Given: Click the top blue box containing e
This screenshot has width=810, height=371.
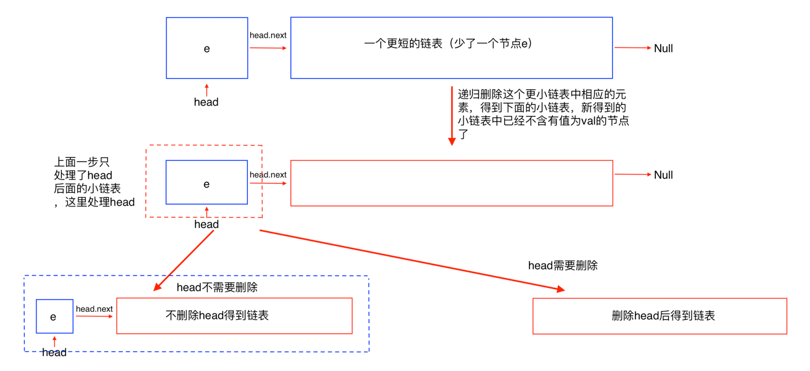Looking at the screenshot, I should [207, 48].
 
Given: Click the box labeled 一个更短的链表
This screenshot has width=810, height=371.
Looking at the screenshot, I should [451, 48].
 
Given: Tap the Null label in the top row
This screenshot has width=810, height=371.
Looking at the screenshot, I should [663, 49].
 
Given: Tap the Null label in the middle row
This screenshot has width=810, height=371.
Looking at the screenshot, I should [663, 175].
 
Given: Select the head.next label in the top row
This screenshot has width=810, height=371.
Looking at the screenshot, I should [268, 35].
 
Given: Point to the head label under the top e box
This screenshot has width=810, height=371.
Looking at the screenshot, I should [206, 102].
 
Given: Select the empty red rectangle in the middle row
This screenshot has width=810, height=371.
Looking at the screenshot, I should [451, 183].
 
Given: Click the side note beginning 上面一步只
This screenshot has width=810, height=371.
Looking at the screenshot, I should [94, 182].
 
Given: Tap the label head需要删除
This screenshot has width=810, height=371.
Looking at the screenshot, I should [563, 266].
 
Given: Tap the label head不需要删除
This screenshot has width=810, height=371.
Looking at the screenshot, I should [217, 287].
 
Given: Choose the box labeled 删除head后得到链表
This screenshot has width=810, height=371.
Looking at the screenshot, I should [660, 316].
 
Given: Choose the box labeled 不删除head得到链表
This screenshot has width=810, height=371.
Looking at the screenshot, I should [234, 316].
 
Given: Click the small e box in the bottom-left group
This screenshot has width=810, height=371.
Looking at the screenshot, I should [54, 316].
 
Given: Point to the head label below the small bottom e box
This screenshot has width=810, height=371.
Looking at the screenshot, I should [54, 353].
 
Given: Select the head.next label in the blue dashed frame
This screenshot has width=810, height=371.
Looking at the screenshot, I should [94, 309].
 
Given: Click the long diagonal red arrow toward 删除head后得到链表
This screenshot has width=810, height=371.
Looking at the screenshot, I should [412, 260].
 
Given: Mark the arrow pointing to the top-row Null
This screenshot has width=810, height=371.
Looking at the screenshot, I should [632, 48].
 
